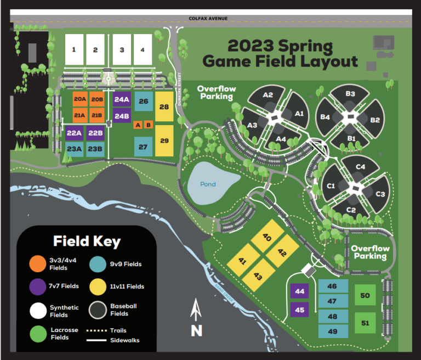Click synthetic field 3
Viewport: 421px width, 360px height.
tap(122, 49)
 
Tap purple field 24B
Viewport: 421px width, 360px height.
tap(122, 116)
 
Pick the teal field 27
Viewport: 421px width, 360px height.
tap(143, 147)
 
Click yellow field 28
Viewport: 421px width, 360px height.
tap(164, 106)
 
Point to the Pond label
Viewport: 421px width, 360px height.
tap(208, 184)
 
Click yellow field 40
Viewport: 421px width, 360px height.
tap(268, 238)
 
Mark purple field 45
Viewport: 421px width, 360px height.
tap(299, 310)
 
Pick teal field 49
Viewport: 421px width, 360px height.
tap(333, 331)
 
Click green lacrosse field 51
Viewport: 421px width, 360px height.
tap(365, 323)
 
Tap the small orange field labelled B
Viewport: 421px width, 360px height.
tap(148, 125)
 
